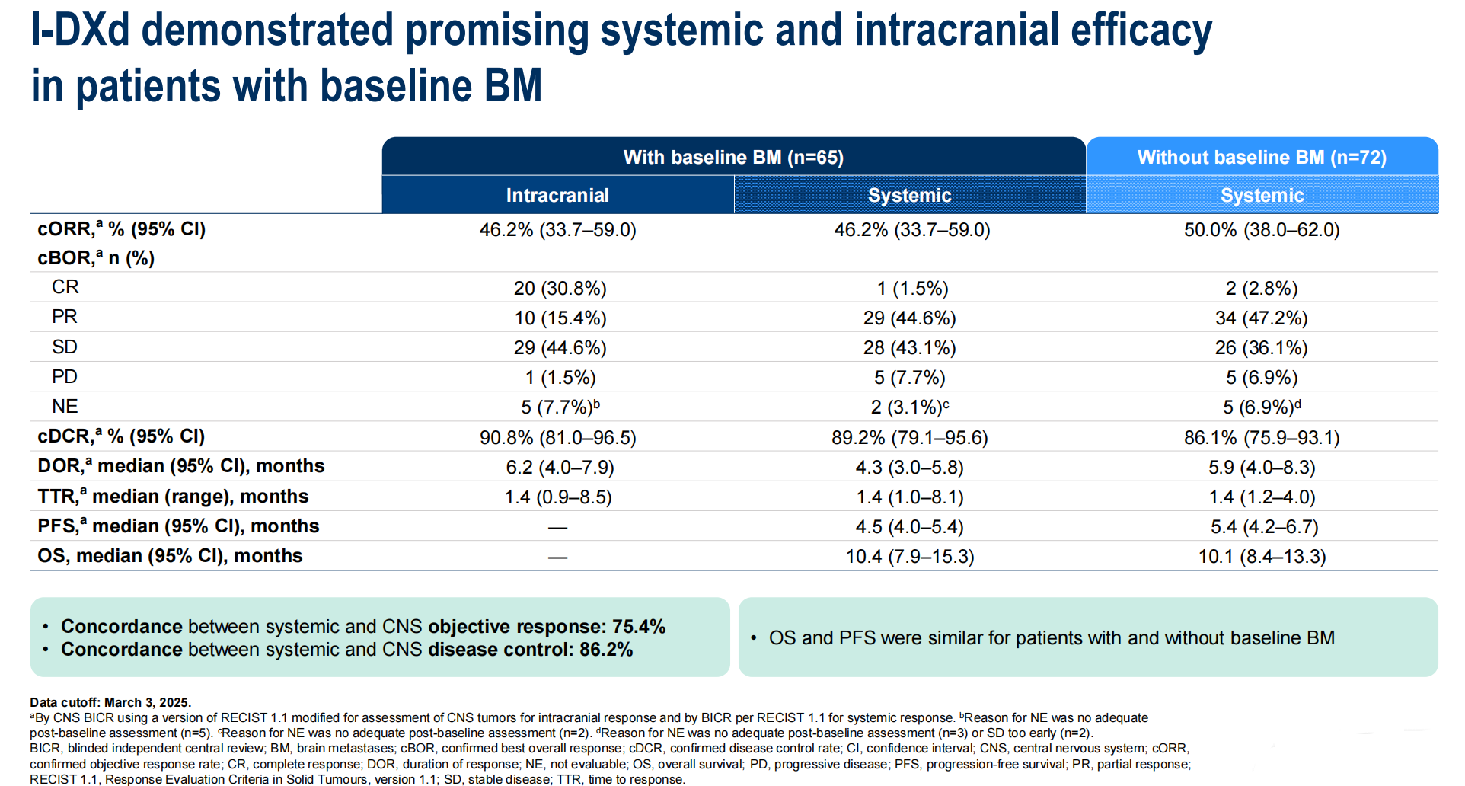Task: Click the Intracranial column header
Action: click(x=557, y=196)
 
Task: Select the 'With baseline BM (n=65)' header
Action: click(x=733, y=158)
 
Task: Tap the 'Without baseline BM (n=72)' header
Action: click(x=1262, y=158)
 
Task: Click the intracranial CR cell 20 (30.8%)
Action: click(x=560, y=289)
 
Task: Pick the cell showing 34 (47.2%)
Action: click(x=1261, y=318)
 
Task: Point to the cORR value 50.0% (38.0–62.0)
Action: click(x=1261, y=230)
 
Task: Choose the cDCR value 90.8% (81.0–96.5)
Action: click(x=557, y=438)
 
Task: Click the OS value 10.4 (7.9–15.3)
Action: click(x=909, y=557)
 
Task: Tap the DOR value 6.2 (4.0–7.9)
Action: click(x=560, y=468)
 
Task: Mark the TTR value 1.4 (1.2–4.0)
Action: click(x=1262, y=497)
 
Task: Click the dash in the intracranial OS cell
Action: click(x=557, y=558)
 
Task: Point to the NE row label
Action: click(x=65, y=407)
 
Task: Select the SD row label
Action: click(x=65, y=347)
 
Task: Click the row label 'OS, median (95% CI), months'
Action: click(x=170, y=556)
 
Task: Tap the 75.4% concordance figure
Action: click(x=639, y=627)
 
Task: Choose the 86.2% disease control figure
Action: click(x=606, y=650)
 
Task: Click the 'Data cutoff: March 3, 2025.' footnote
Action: click(x=110, y=702)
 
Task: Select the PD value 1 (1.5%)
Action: click(x=560, y=378)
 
